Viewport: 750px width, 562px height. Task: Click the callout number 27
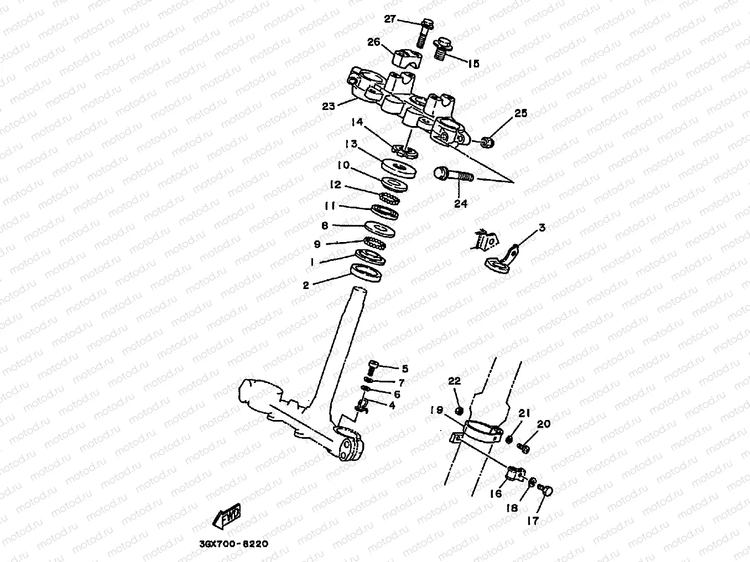coord(390,19)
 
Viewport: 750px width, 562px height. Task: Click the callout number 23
coord(329,106)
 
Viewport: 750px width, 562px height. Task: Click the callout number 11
coord(330,206)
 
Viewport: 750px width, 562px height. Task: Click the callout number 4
coord(392,405)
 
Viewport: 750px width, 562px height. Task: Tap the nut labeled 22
coord(459,411)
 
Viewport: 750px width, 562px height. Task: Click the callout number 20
coord(544,424)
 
